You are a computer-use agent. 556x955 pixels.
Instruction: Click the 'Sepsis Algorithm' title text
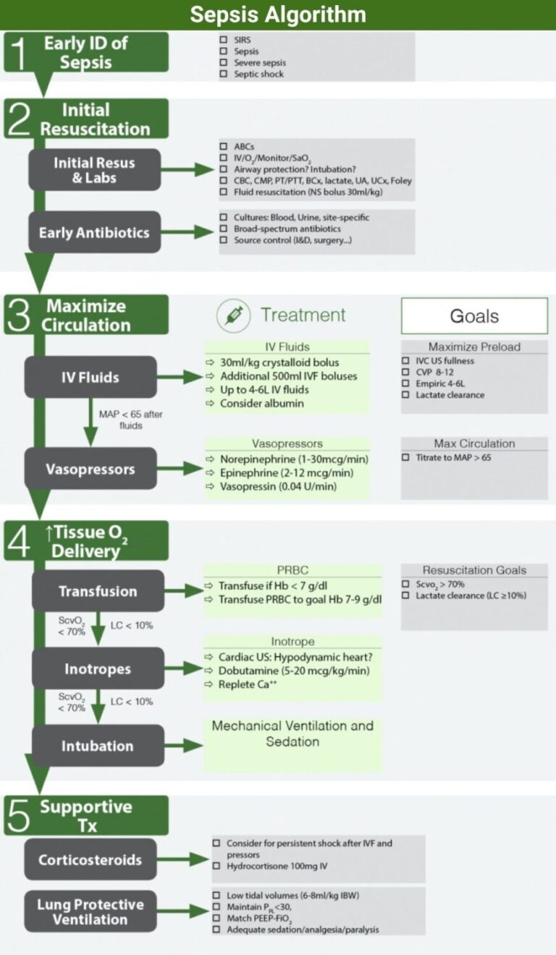(278, 14)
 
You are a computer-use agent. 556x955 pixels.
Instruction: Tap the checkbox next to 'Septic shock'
(224, 74)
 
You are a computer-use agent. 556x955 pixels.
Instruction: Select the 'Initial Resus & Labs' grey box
(94, 170)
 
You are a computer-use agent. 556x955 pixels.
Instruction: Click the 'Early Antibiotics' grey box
(94, 232)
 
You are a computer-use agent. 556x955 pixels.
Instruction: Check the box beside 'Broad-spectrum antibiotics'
(224, 229)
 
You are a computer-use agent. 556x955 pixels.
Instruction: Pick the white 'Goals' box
(474, 316)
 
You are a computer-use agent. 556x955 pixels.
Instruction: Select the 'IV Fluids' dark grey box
(90, 377)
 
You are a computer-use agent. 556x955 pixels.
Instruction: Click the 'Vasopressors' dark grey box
(90, 469)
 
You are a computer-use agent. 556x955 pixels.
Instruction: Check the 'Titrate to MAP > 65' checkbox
(405, 458)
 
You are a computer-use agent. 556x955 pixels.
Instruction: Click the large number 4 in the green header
(17, 541)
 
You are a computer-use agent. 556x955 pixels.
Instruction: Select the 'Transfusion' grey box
(98, 591)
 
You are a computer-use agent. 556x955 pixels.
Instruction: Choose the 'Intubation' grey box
(97, 746)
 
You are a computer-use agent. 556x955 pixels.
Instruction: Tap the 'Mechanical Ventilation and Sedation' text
(292, 734)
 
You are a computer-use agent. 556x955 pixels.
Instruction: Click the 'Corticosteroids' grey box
(90, 860)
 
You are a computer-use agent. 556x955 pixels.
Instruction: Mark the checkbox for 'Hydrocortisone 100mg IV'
(216, 866)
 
